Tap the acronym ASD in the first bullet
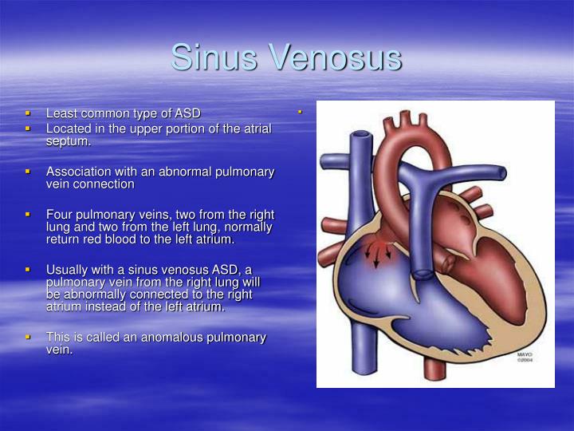point(187,113)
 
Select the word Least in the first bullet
point(61,113)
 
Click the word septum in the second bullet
point(67,141)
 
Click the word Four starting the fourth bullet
point(60,214)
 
